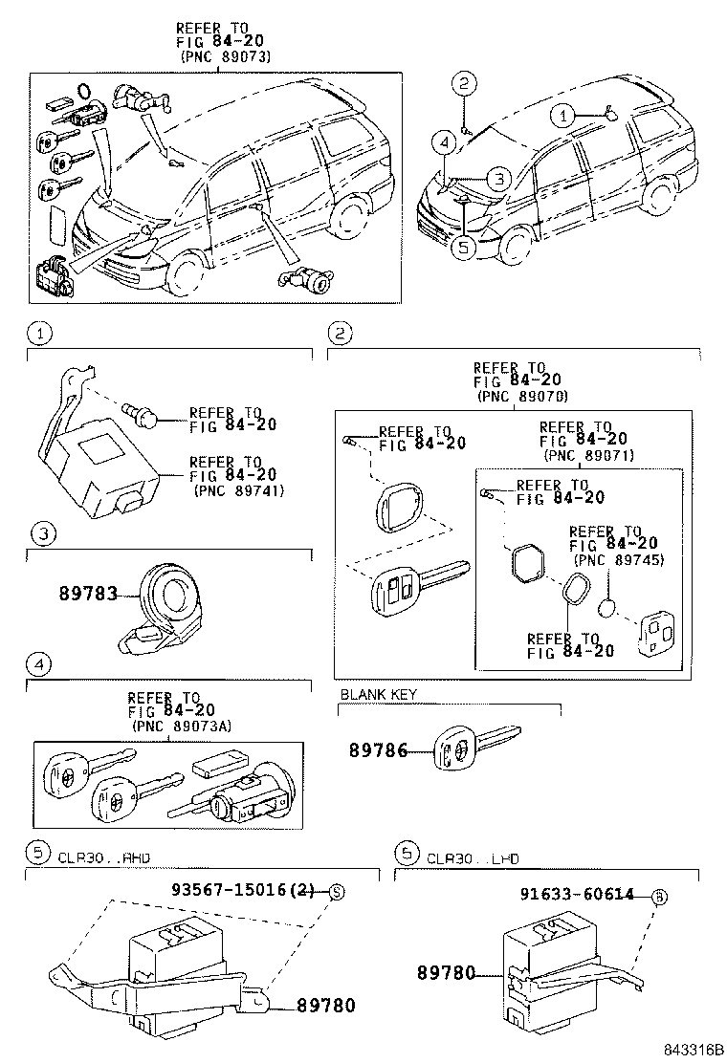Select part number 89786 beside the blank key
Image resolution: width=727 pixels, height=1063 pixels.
pos(376,751)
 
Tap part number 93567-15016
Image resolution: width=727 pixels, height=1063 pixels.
pos(242,890)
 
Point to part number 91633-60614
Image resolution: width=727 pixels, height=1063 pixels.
pos(577,895)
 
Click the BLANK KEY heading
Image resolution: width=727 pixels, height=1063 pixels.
pos(379,694)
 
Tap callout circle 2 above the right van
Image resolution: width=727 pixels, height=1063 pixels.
pos(462,83)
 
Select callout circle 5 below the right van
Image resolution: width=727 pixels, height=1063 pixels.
pos(463,246)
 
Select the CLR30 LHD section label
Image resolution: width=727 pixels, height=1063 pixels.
pos(473,858)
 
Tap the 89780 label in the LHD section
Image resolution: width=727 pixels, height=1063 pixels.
pos(446,972)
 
